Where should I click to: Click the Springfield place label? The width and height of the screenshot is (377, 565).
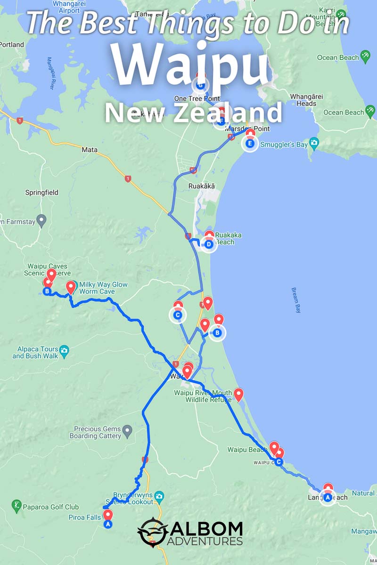click(42, 193)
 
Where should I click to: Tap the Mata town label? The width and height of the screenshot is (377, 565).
click(90, 150)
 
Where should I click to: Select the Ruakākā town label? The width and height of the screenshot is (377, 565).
click(201, 186)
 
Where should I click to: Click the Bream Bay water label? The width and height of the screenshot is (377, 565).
click(296, 300)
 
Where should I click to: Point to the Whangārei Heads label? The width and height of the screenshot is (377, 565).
click(303, 100)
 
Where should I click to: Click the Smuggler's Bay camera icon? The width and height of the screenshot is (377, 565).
click(314, 143)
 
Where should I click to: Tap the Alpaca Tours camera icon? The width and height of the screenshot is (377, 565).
click(65, 350)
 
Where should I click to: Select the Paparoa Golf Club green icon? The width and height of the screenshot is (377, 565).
click(16, 506)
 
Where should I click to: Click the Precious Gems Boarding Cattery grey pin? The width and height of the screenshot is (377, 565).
click(127, 430)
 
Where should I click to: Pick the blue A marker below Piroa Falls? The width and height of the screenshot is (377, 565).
click(108, 524)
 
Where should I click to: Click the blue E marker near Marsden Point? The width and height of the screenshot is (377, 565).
click(250, 143)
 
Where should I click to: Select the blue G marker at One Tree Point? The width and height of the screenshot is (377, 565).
click(201, 85)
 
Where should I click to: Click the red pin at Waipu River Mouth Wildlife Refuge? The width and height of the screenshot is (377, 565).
click(238, 394)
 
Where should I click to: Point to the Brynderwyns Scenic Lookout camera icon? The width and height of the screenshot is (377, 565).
click(159, 496)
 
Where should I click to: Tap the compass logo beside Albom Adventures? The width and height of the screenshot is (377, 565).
click(152, 533)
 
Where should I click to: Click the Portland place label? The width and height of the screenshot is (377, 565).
click(12, 45)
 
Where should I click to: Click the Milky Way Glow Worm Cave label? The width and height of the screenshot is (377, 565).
click(103, 288)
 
